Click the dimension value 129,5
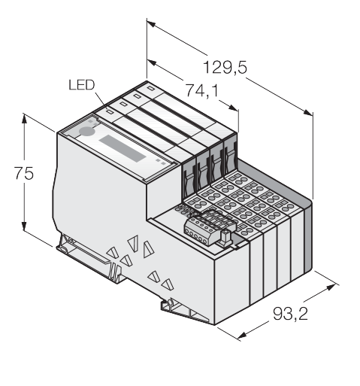[225, 68]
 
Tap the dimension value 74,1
[201, 90]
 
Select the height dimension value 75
[23, 173]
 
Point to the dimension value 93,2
[290, 314]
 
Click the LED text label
[82, 85]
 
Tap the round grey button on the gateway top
[86, 131]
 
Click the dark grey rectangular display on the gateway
[123, 148]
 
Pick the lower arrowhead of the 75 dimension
[24, 226]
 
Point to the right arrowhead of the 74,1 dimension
[233, 108]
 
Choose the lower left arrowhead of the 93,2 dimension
[242, 336]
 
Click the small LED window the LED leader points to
[110, 111]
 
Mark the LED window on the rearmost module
[150, 88]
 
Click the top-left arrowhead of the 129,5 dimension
[152, 24]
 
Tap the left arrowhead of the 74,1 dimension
[152, 62]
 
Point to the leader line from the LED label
[101, 100]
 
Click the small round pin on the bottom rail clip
[170, 302]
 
